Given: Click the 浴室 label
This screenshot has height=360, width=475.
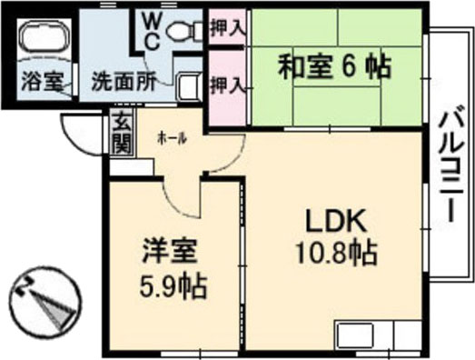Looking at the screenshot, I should tap(41, 80).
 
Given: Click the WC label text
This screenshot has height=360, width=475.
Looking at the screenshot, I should tap(150, 30).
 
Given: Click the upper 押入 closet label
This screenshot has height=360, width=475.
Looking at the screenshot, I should tap(227, 27).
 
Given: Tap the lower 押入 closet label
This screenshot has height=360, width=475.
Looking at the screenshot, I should tap(227, 85).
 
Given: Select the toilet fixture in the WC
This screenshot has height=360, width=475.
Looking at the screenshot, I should tap(186, 30).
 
